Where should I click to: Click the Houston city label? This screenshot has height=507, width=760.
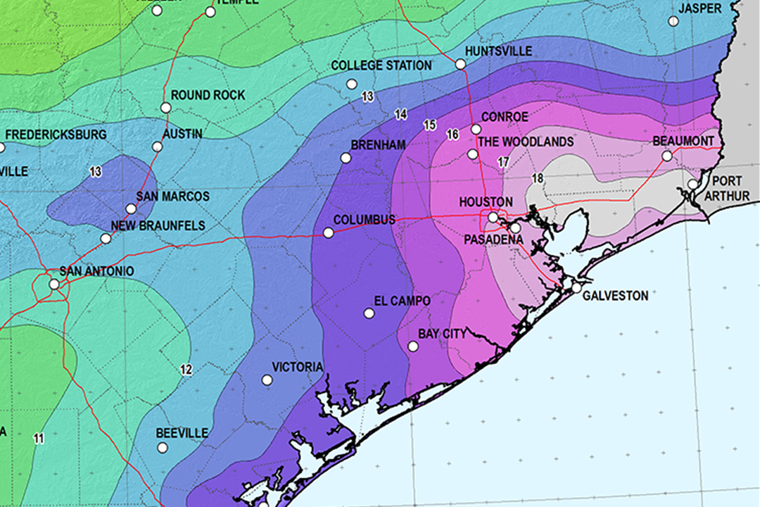click(486, 202)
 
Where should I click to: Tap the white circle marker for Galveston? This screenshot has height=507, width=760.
click(576, 288)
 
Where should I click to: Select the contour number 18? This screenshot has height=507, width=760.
click(538, 178)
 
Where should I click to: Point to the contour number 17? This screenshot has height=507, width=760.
click(503, 162)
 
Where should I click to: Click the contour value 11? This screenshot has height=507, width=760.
click(39, 439)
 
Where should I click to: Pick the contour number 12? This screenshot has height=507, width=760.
click(186, 369)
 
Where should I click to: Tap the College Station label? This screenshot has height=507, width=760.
click(381, 65)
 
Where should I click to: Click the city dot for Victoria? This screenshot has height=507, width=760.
click(267, 380)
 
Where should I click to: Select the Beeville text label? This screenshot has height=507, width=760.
click(182, 432)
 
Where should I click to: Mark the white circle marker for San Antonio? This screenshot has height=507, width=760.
click(54, 284)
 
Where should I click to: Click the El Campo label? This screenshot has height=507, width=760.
click(402, 301)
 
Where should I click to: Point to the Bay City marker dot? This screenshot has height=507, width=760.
click(413, 346)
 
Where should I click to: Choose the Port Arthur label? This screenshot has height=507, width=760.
click(726, 188)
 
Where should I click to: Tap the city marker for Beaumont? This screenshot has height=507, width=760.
click(667, 156)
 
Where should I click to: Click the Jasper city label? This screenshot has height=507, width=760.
click(700, 8)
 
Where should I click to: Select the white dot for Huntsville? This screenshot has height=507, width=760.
click(460, 64)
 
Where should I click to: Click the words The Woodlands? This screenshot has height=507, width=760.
click(526, 142)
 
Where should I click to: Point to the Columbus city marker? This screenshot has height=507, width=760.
click(328, 232)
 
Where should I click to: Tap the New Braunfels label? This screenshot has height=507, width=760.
click(158, 226)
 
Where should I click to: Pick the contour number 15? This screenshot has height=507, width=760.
click(429, 125)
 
